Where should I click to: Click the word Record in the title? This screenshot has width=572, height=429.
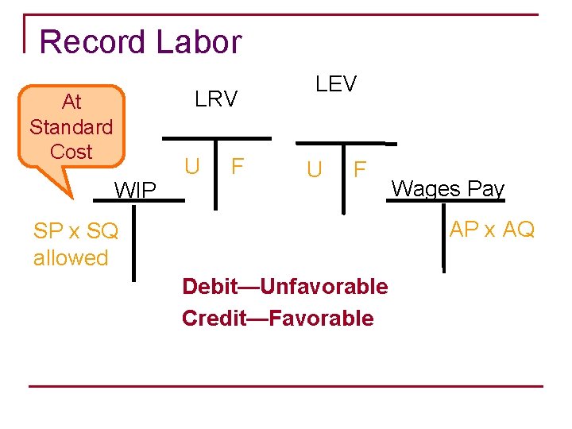tap(92, 41)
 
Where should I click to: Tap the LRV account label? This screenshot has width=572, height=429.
tap(216, 99)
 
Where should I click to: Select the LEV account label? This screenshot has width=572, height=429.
tap(336, 83)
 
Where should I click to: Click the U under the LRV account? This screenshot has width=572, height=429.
tap(191, 167)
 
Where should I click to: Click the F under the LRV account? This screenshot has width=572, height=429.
tap(237, 167)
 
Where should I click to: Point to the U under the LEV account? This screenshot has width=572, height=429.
tap(315, 169)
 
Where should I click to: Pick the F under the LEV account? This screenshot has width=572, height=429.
tap(360, 169)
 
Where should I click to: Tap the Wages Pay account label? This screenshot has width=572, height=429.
tap(448, 188)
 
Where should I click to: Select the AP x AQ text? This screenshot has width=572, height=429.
tap(492, 229)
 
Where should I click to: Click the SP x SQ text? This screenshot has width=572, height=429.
tap(75, 231)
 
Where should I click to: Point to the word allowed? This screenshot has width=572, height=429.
tap(71, 257)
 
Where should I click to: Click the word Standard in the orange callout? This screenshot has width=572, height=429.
tap(71, 126)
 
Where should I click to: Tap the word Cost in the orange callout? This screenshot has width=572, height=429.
tap(71, 151)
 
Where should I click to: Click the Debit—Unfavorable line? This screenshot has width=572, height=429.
tap(284, 286)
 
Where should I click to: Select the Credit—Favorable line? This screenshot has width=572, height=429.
tap(277, 318)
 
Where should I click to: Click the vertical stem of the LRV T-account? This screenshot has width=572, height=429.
tap(214, 175)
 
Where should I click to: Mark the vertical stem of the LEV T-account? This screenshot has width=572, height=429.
tap(343, 179)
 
